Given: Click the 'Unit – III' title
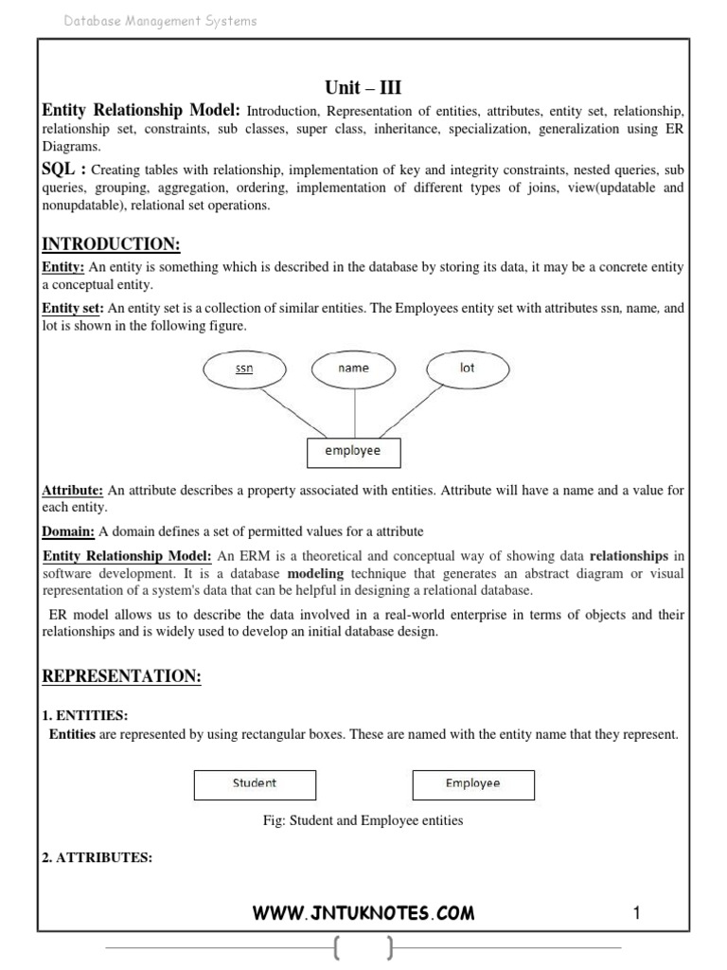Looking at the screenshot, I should [x=363, y=88].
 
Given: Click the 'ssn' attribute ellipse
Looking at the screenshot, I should [x=244, y=369].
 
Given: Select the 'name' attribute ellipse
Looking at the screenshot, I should [x=354, y=368].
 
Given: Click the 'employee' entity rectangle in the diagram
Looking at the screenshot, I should [x=353, y=452].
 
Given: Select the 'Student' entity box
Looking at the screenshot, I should [x=255, y=784].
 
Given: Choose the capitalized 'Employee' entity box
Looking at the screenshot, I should [x=473, y=784].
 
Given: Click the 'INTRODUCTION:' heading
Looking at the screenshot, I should [x=111, y=244].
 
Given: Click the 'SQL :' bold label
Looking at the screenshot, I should [x=64, y=168].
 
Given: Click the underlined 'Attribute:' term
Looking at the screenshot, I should [x=73, y=491].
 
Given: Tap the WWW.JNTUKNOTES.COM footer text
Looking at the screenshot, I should [x=363, y=913].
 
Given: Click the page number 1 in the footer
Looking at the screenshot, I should [x=637, y=913].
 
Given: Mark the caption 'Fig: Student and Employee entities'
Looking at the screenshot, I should [x=363, y=820].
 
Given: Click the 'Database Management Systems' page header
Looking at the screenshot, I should [x=160, y=21].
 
